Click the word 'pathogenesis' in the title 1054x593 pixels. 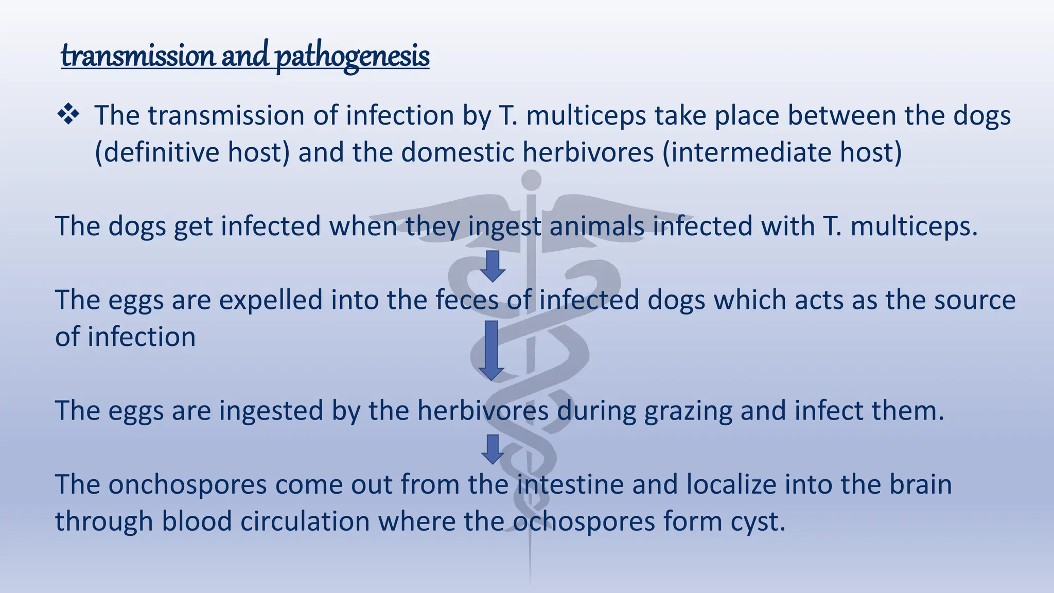click(x=353, y=56)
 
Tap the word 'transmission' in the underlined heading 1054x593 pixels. click(x=138, y=56)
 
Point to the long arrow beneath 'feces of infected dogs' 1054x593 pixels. click(x=491, y=351)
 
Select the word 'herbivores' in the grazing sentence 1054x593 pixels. click(x=483, y=411)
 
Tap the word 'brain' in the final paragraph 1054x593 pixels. click(x=921, y=485)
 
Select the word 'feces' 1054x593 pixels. click(x=467, y=300)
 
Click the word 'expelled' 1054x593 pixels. click(x=271, y=300)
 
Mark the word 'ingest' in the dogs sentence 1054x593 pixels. click(x=504, y=227)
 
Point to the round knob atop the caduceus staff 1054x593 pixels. click(x=531, y=180)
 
